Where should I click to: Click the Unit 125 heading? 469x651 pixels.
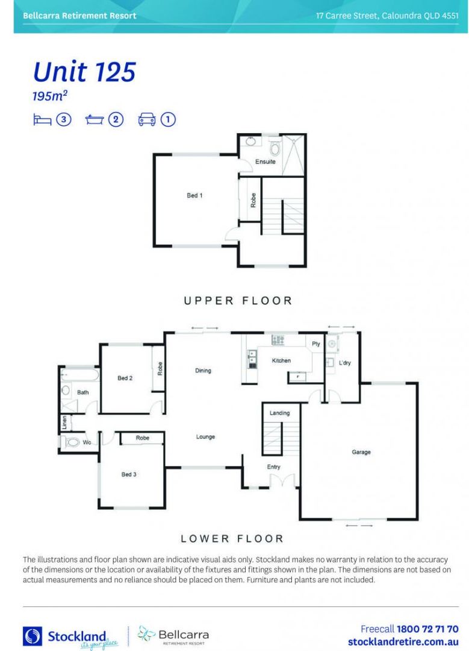(x=84, y=72)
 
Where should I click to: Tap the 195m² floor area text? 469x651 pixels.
(x=49, y=96)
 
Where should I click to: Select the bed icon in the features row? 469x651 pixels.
(x=42, y=119)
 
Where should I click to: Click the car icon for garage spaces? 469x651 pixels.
(x=147, y=119)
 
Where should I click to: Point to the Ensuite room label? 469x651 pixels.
(x=266, y=162)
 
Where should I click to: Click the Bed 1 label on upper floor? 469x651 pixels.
(x=194, y=195)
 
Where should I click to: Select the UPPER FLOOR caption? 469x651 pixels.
(x=238, y=300)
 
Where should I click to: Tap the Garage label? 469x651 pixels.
(x=361, y=452)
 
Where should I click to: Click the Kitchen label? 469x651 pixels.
(x=281, y=360)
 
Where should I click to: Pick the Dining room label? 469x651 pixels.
(x=203, y=371)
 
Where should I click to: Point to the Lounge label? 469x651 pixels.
(x=205, y=437)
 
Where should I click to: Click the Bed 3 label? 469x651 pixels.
(x=129, y=474)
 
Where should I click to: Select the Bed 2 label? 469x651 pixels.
(x=125, y=378)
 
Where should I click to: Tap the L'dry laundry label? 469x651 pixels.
(x=344, y=363)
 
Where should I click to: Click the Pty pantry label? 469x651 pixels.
(x=315, y=344)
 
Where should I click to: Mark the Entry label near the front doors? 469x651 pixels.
(x=273, y=467)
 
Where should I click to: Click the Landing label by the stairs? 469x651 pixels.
(x=279, y=413)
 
